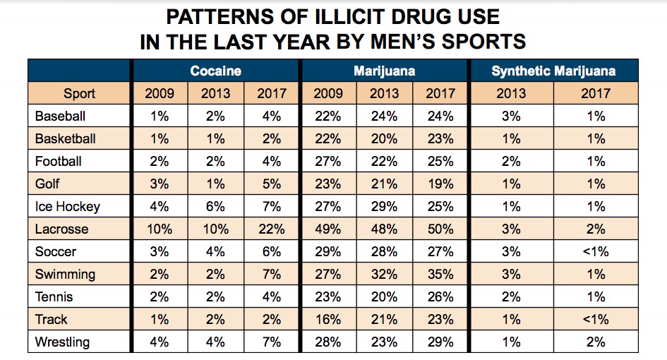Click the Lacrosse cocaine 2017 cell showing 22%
pyautogui.click(x=271, y=229)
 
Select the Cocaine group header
pyautogui.click(x=215, y=71)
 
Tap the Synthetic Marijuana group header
pyautogui.click(x=553, y=71)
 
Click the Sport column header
pyautogui.click(x=79, y=93)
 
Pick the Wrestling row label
pyautogui.click(x=62, y=342)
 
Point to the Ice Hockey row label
pyautogui.click(x=67, y=207)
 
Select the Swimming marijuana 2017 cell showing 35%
pyautogui.click(x=440, y=275)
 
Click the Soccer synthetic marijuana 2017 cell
pyautogui.click(x=596, y=252)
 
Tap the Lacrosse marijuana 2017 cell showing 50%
pyautogui.click(x=440, y=229)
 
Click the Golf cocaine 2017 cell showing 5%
pyautogui.click(x=271, y=184)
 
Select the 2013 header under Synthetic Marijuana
pyautogui.click(x=512, y=93)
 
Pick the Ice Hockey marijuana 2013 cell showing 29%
pyautogui.click(x=385, y=207)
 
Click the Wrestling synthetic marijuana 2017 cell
pyautogui.click(x=596, y=342)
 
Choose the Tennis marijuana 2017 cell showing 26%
pyautogui.click(x=440, y=297)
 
